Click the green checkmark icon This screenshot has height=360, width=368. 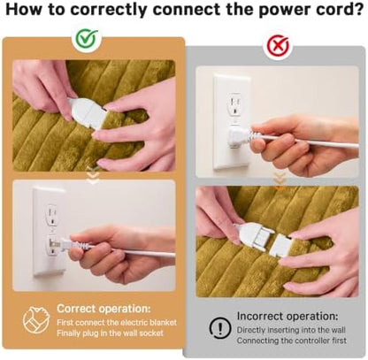[x=86, y=38]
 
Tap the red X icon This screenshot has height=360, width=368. [x=278, y=45]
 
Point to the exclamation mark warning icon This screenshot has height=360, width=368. [x=220, y=327]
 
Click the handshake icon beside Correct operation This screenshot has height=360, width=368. [x=36, y=320]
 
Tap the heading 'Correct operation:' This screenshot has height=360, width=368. [x=103, y=309]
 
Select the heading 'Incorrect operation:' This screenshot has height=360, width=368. [x=287, y=317]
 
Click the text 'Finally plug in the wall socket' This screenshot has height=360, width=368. [x=110, y=333]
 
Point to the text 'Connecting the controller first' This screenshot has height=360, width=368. [x=292, y=341]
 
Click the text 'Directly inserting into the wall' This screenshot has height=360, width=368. [x=291, y=330]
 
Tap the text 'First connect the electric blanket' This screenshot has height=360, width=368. [x=117, y=322]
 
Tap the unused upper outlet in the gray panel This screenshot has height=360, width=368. [x=235, y=104]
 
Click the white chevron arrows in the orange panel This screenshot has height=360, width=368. [x=93, y=175]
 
